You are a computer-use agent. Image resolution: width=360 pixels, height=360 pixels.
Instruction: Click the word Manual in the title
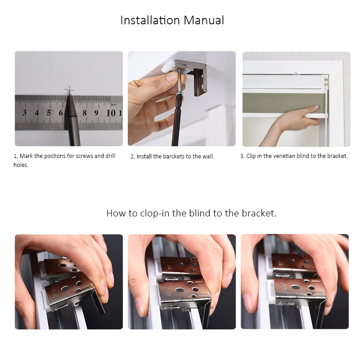204,20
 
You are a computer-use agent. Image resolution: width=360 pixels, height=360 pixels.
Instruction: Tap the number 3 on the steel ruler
24,112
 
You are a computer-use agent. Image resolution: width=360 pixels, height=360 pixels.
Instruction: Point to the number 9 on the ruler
96,113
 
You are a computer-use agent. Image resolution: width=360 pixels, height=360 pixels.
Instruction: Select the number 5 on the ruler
49,112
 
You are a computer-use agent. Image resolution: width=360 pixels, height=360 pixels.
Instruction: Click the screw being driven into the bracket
179,81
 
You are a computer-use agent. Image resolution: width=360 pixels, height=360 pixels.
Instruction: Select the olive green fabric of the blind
283,103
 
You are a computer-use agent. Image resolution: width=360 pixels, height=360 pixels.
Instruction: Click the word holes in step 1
21,165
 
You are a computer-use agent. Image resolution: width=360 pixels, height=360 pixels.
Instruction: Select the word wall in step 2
209,156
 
